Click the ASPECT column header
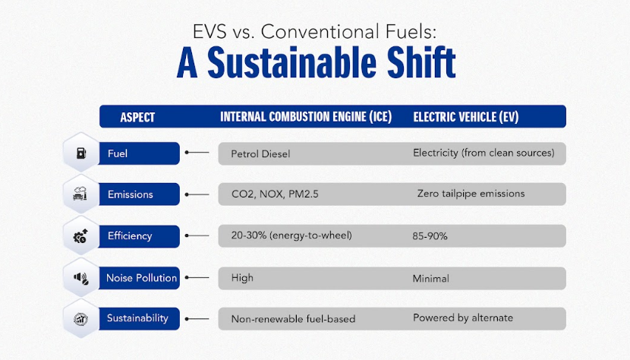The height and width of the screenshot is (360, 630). (137, 117)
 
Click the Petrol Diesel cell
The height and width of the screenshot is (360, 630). (260, 154)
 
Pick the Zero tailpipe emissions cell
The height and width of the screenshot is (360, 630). (471, 194)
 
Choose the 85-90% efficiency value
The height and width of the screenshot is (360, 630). (430, 236)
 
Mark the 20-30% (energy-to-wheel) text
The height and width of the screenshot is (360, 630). (291, 235)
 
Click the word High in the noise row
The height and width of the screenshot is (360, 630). (242, 278)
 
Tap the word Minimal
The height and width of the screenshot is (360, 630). (431, 279)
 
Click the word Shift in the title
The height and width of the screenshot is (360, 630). (415, 64)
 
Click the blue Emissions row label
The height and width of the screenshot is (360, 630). (130, 194)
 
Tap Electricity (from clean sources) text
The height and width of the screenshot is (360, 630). (484, 153)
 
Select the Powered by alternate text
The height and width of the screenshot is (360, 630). (463, 317)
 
